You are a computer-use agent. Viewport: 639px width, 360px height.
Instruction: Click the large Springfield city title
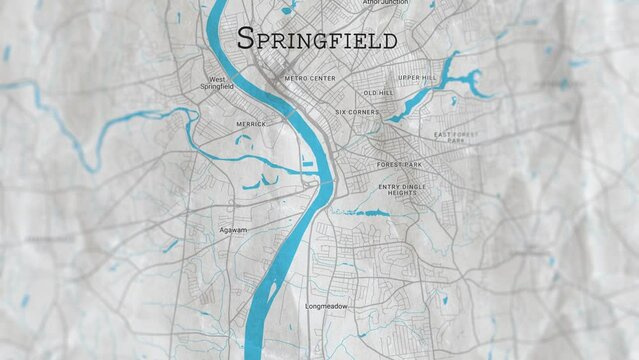coord(317,39)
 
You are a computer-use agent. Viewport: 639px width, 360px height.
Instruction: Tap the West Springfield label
coord(219,83)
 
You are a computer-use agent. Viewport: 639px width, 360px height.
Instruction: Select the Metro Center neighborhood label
coord(309,77)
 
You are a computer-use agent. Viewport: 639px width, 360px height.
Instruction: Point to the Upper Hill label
coord(417,77)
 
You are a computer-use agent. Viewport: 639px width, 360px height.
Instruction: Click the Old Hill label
coord(378,93)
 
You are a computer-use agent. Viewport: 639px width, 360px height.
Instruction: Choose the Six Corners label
coord(357,112)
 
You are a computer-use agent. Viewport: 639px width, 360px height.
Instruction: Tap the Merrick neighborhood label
coord(250,124)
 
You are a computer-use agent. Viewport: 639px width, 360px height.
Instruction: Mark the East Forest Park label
coord(456,137)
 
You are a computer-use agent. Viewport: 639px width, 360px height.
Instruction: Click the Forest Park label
coord(400,164)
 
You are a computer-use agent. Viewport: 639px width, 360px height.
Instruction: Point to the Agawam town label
coord(233,230)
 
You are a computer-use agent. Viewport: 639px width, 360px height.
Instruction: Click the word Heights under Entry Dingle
coord(402,193)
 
